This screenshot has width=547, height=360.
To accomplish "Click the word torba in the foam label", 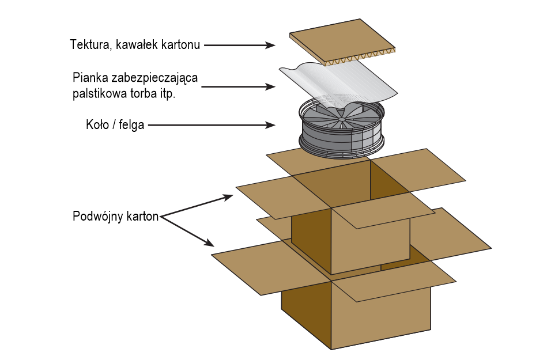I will coord(141,94).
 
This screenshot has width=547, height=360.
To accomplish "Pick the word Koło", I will coord(96,124).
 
